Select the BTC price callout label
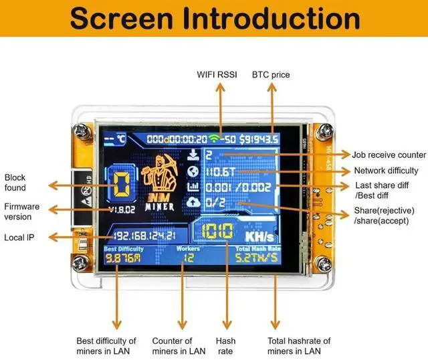271,74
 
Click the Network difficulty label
386,171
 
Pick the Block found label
15,183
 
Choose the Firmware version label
22,211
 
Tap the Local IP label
19,237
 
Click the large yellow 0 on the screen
121,183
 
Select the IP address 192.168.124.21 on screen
144,236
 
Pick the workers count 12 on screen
189,258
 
